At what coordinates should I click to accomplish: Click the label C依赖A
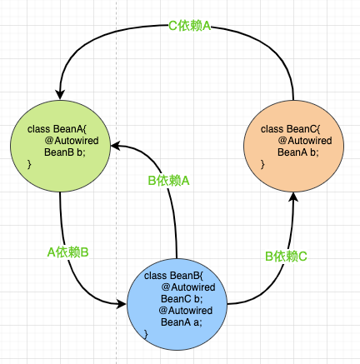[x=188, y=26]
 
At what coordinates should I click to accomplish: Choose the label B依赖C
[x=286, y=257]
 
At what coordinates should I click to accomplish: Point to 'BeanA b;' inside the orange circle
[x=298, y=152]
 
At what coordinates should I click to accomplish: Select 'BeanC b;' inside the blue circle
[x=182, y=299]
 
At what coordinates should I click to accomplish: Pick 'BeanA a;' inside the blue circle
[x=182, y=322]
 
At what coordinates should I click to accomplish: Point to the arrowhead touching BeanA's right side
[x=117, y=143]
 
